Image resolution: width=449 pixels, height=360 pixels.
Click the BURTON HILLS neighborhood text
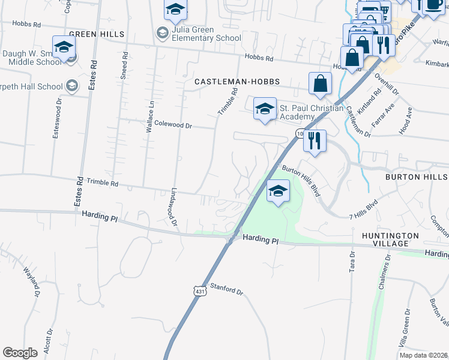coord(417,177)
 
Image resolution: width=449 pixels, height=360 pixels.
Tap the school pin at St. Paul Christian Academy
coord(265,109)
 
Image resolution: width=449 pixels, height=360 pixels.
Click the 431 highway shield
coord(199,291)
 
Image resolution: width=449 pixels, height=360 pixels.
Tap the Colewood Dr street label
coord(173,125)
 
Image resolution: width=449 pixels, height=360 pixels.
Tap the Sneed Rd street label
coord(124,62)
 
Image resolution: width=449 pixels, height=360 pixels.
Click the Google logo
coord(20,353)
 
